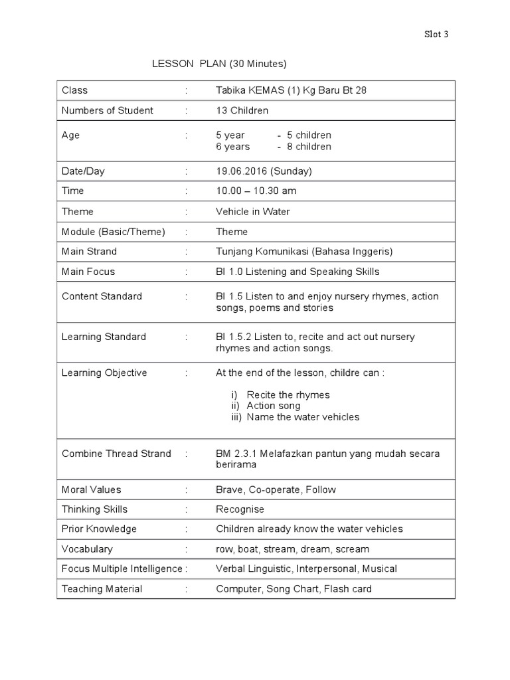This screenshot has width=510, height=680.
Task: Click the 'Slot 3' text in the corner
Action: click(436, 35)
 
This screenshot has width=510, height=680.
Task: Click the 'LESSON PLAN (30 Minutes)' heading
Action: click(219, 64)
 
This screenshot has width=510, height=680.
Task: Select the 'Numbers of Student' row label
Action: click(107, 110)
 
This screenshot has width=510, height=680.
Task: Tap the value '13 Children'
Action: click(242, 110)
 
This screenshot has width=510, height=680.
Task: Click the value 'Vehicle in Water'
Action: click(252, 211)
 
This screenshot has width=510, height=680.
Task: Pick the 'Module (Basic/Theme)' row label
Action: click(113, 231)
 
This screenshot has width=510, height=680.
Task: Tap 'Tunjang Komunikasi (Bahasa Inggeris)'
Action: click(304, 251)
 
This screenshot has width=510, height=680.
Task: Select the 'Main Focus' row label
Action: click(88, 271)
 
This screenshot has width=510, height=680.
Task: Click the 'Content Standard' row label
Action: click(102, 296)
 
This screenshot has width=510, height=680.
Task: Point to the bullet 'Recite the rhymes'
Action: click(288, 394)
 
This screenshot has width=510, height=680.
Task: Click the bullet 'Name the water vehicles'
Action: click(303, 417)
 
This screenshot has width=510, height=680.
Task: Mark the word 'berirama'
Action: click(236, 465)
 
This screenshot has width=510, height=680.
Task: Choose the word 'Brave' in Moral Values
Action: click(229, 489)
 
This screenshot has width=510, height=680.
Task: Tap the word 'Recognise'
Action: click(240, 509)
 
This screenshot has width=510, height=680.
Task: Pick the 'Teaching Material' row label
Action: click(102, 588)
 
